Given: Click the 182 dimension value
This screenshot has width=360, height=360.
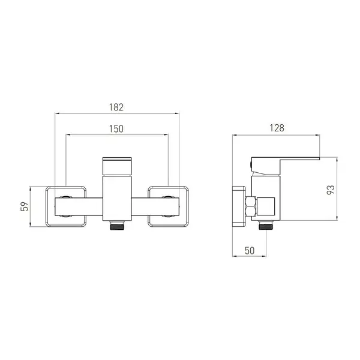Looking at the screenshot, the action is [x=116, y=107].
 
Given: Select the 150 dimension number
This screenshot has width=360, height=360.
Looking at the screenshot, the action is [x=116, y=129].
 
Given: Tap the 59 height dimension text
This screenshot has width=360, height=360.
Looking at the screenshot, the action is [x=25, y=206].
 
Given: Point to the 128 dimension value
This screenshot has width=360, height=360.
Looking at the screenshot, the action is [x=277, y=128].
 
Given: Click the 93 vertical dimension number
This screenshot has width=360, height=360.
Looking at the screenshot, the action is [x=331, y=190].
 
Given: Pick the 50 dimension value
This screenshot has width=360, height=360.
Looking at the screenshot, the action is [x=250, y=251].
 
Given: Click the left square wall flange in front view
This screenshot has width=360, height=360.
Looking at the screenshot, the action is [x=46, y=206].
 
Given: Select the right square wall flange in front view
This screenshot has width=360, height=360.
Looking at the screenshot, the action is [x=188, y=206].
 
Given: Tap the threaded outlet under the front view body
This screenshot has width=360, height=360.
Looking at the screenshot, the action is [x=117, y=226].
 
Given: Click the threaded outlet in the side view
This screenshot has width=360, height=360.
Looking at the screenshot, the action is [x=266, y=225].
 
